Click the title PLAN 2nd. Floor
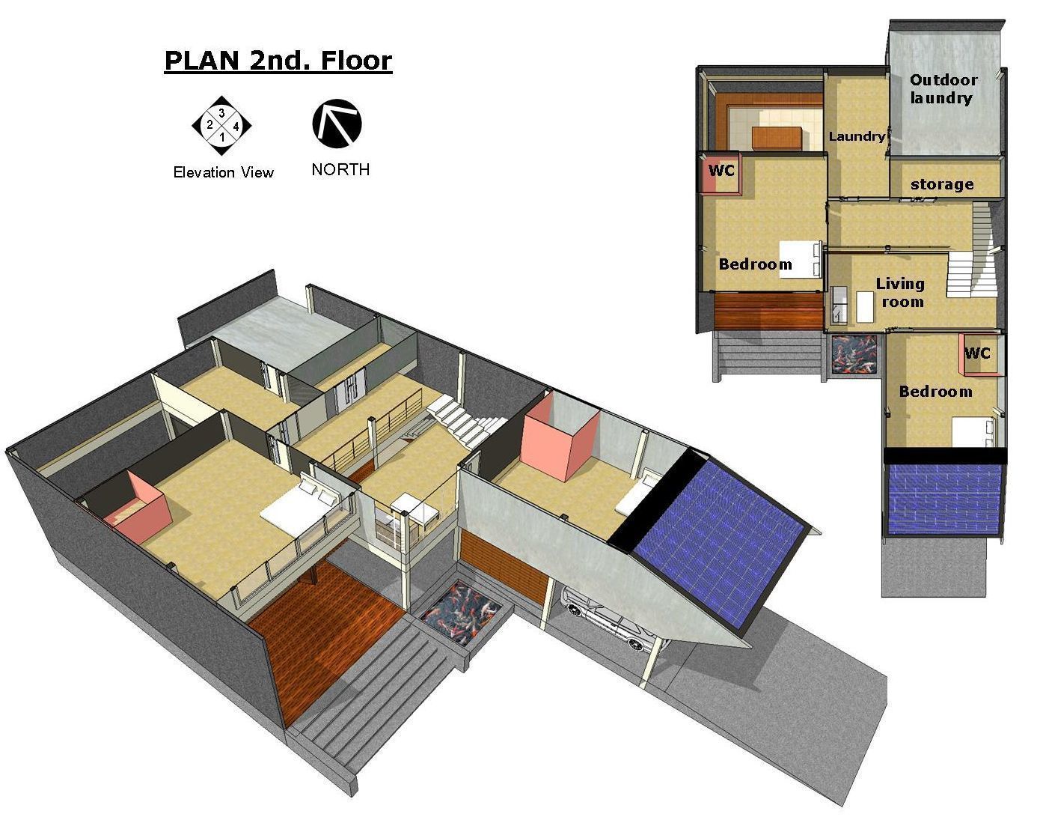[x=278, y=61]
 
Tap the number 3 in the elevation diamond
[x=221, y=113]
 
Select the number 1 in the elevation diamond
[x=221, y=138]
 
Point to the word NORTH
[x=340, y=170]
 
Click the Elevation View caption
[x=223, y=173]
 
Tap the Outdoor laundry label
[x=943, y=89]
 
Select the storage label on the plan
[x=942, y=184]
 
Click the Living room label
[x=901, y=293]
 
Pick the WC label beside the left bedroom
[x=721, y=171]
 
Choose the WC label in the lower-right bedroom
[x=977, y=353]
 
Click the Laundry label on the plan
[x=857, y=136]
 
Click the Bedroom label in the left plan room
[x=755, y=264]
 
